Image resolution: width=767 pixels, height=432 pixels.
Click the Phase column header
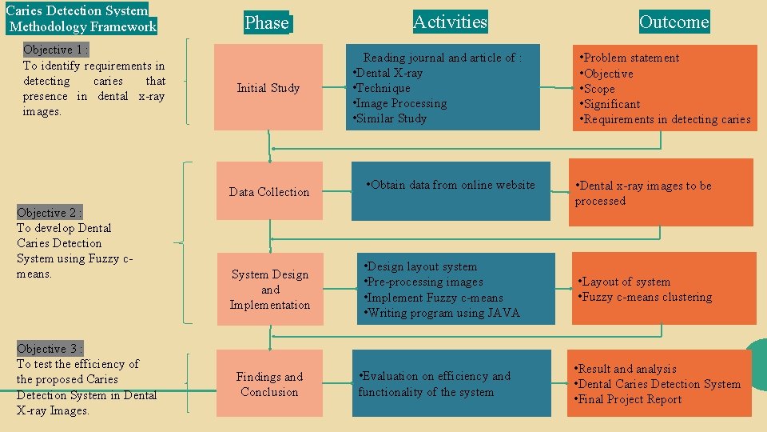267,23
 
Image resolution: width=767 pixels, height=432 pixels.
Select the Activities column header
450,22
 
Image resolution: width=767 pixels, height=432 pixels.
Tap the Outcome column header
674,22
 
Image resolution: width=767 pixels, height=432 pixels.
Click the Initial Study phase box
268,88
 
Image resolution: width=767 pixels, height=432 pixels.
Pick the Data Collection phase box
269,192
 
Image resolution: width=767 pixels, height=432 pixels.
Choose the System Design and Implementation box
270,290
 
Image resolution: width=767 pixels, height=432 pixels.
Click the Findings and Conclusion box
269,384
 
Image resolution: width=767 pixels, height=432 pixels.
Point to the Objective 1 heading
55,50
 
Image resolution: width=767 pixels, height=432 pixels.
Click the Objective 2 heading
49,213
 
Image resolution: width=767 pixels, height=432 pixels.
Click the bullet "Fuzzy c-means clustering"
646,297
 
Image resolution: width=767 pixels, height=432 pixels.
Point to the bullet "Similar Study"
391,118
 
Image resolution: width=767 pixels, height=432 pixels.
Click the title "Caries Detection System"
77,11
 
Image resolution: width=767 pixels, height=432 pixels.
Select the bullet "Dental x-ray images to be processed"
643,193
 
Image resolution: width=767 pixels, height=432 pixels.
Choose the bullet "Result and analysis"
627,369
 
